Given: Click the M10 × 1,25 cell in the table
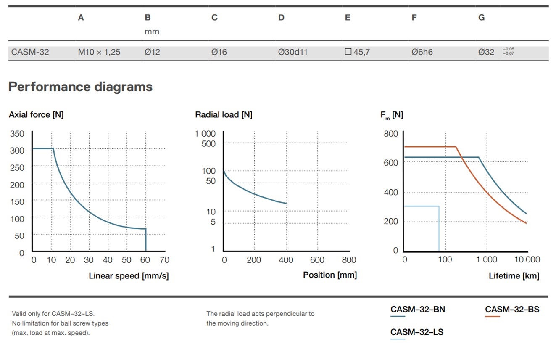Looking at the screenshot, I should click(x=99, y=53).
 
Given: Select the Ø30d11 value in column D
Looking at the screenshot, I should click(x=292, y=53).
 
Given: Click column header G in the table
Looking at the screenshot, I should click(x=481, y=18).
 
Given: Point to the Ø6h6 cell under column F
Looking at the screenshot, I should click(x=422, y=53).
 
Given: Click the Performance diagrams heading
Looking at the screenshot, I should click(x=80, y=87).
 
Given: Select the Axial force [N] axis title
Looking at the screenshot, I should click(x=36, y=115).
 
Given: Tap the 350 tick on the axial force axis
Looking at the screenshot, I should click(x=17, y=134).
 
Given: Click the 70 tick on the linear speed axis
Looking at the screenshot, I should click(x=165, y=260).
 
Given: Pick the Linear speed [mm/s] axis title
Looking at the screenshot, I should click(x=129, y=276).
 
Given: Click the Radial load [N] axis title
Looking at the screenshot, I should click(x=224, y=115).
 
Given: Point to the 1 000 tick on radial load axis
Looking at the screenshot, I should click(x=205, y=134).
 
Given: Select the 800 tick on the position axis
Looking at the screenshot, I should click(x=348, y=260).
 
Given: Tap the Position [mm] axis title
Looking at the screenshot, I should click(x=330, y=275).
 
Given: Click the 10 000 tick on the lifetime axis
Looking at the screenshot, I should click(x=527, y=259).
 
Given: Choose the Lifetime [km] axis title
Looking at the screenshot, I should click(x=514, y=276).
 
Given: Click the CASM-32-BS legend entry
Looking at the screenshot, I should click(x=512, y=310).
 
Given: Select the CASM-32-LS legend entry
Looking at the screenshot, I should click(x=416, y=332).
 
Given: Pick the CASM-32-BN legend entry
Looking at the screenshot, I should click(x=417, y=310).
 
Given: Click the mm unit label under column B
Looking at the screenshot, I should click(x=152, y=32).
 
